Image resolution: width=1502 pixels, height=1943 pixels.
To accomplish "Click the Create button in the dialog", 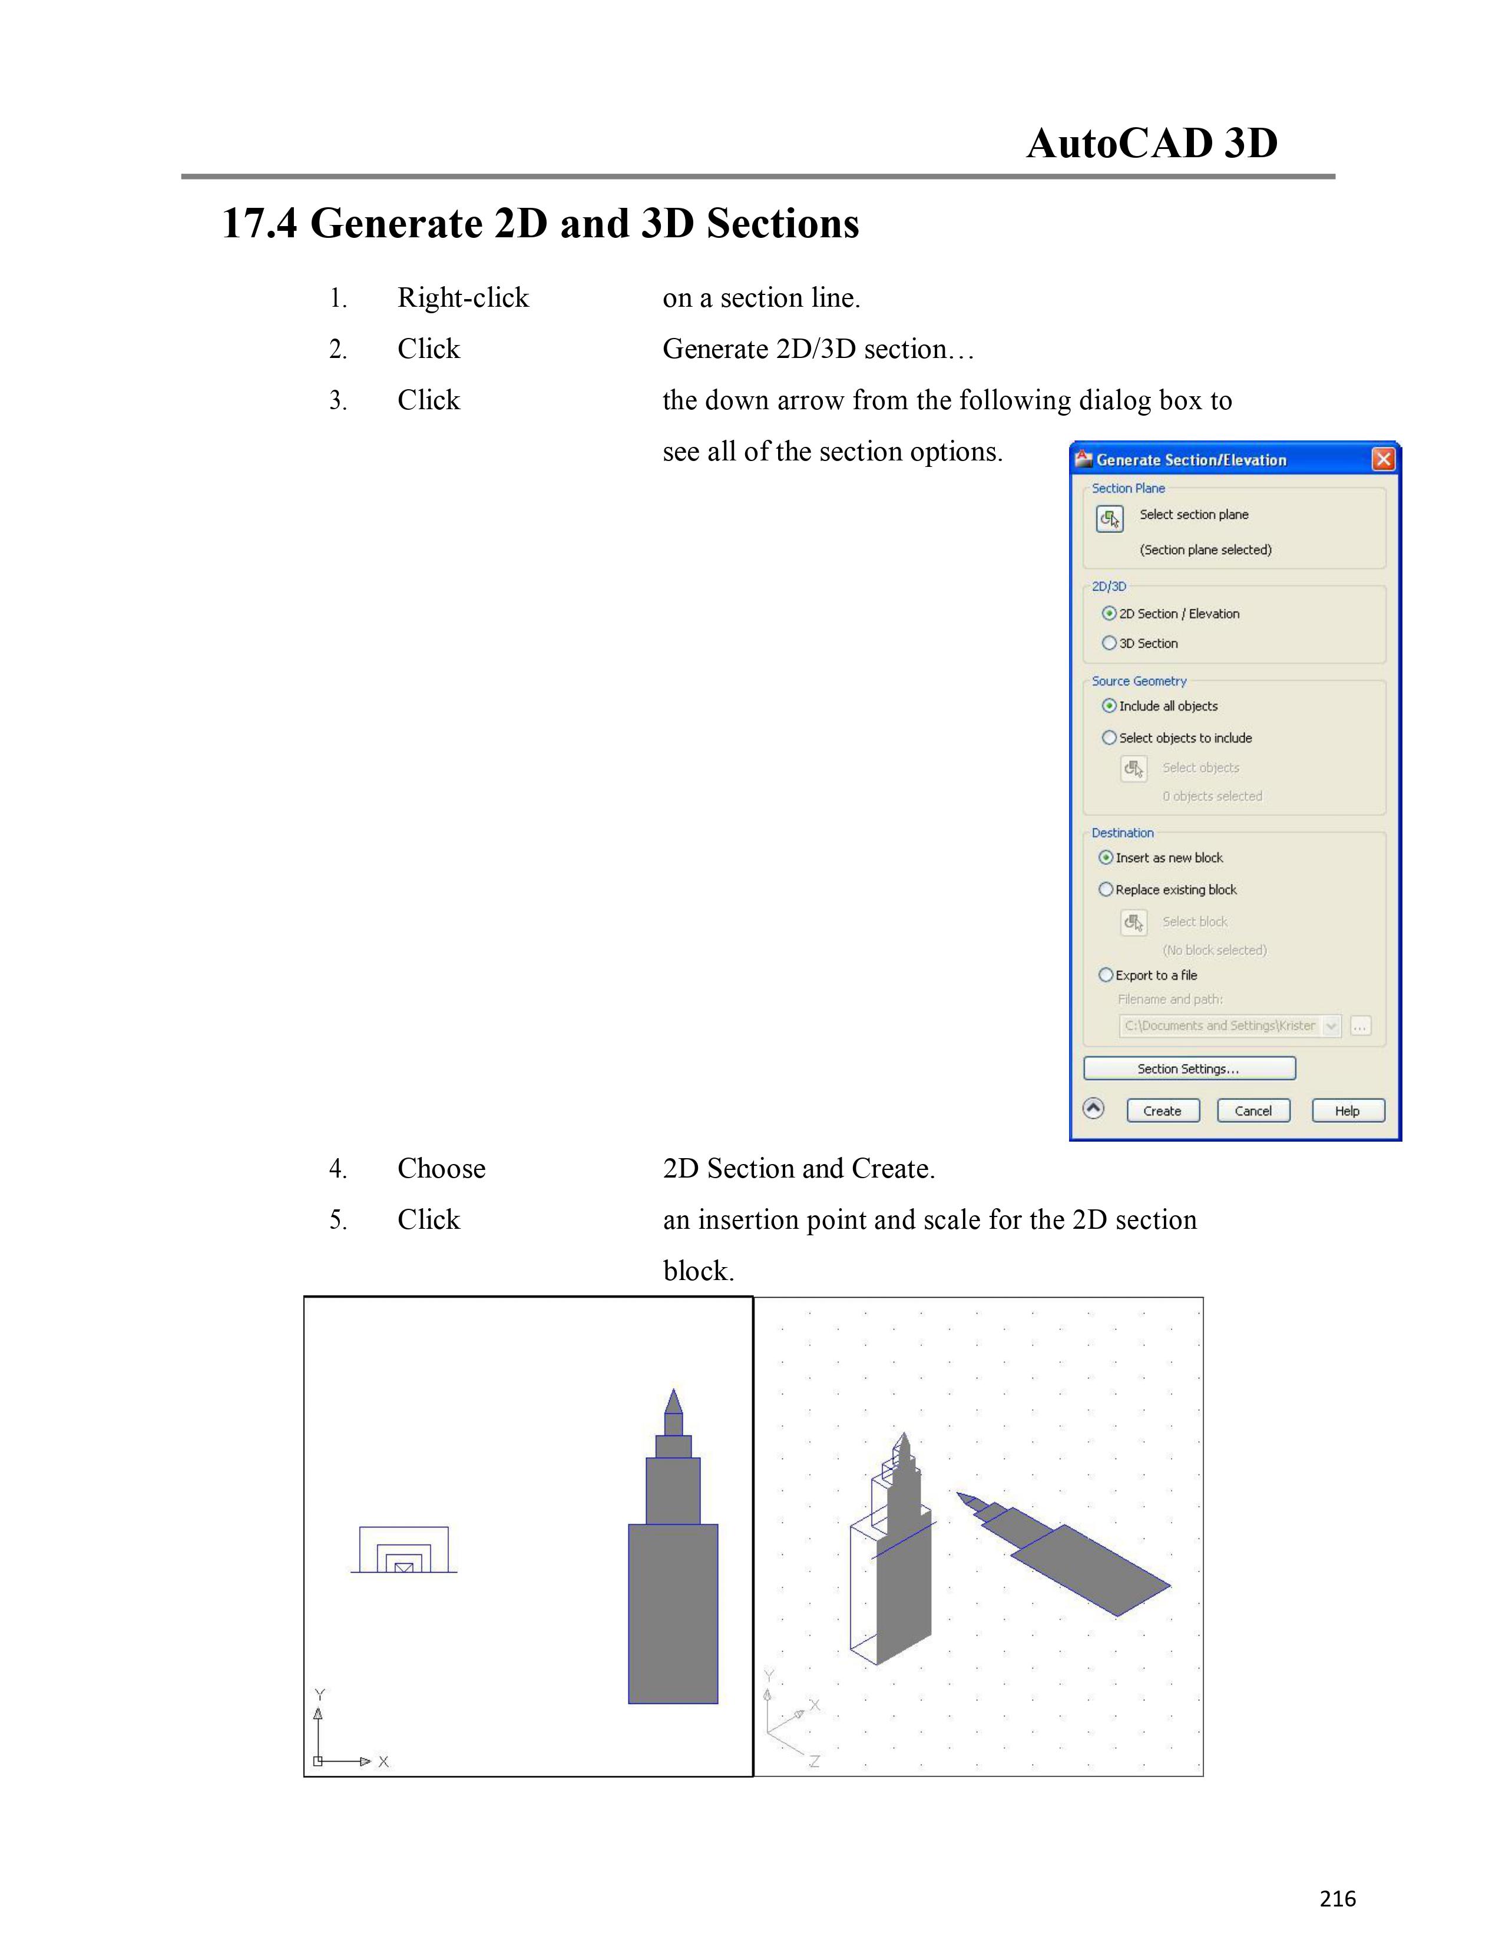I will (x=1162, y=1110).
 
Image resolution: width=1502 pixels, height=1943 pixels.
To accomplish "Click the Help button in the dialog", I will (x=1347, y=1110).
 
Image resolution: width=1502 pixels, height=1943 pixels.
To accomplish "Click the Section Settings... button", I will (x=1189, y=1069).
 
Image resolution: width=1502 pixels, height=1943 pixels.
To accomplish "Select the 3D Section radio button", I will (x=1109, y=643).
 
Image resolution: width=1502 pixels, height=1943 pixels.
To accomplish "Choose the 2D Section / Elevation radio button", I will (x=1109, y=614).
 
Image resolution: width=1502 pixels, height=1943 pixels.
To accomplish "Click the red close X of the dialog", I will (x=1383, y=459).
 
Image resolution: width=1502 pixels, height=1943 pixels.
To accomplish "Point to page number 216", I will (x=1338, y=1898).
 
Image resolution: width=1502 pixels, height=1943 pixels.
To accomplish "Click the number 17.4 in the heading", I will (x=259, y=223).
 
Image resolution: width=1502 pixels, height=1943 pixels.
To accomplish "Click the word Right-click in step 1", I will (x=463, y=298).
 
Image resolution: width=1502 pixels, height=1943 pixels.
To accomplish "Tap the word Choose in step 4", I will (x=441, y=1168).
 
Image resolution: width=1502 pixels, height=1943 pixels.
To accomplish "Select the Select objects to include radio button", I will (x=1109, y=738).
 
